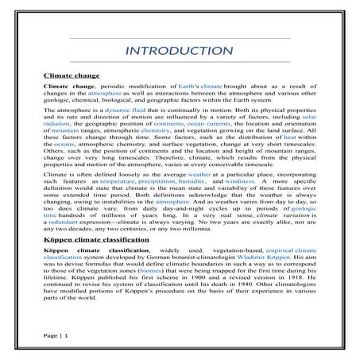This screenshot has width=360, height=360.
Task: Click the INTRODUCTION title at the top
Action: tap(180, 53)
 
